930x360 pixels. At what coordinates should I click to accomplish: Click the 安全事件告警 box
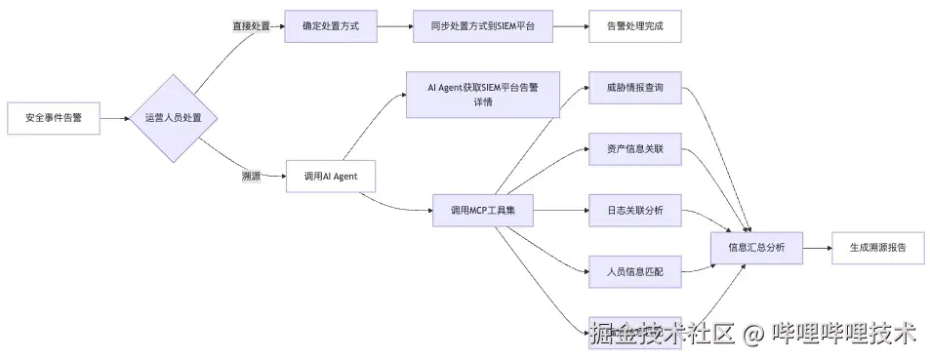[x=53, y=118]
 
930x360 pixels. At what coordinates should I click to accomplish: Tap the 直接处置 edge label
[x=251, y=26]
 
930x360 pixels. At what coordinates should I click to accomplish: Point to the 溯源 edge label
[x=251, y=177]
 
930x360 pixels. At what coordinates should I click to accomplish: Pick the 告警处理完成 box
[x=633, y=26]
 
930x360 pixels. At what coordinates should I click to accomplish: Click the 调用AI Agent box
[x=330, y=177]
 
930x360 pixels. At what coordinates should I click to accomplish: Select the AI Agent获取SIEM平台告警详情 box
[x=482, y=95]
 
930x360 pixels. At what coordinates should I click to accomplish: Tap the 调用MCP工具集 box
[x=482, y=211]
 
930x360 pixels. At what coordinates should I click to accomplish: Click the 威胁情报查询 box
[x=633, y=88]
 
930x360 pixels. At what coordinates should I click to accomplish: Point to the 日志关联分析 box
[x=633, y=211]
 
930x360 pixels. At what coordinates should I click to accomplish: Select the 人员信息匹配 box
[x=633, y=271]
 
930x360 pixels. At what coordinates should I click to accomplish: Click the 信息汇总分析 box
[x=756, y=248]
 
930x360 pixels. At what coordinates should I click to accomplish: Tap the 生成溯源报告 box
[x=877, y=248]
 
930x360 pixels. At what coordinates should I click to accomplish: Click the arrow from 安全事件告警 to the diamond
[x=115, y=118]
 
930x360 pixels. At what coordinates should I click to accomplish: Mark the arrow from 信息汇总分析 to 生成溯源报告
[x=817, y=248]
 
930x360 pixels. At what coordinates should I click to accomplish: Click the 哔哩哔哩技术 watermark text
[x=844, y=334]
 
